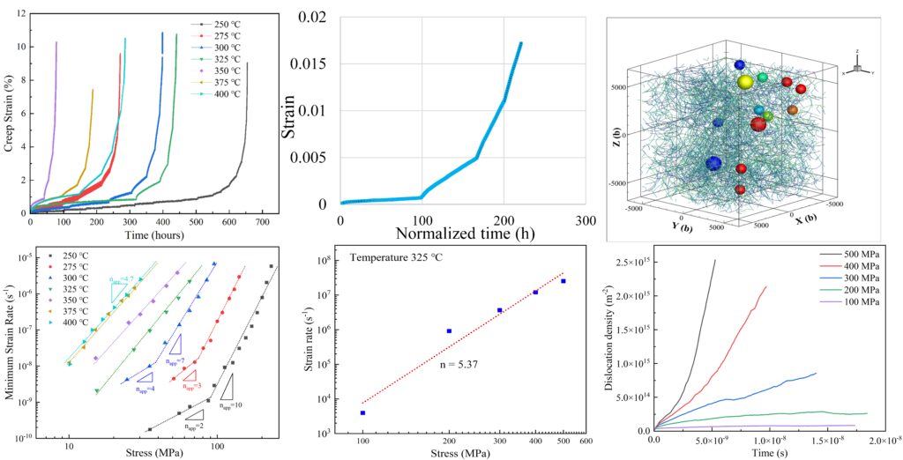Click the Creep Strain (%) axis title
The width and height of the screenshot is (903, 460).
8,112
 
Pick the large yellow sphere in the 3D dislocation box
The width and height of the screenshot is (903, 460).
745,82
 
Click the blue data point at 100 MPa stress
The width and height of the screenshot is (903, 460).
362,412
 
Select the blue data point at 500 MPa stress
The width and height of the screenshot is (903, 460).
563,281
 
